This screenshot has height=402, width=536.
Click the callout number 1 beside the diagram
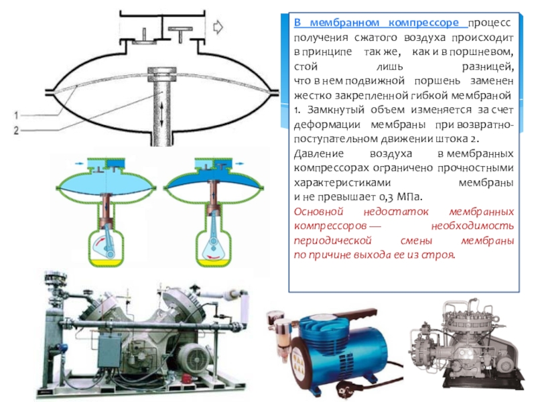point(16,115)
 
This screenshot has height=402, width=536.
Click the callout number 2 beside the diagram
point(16,130)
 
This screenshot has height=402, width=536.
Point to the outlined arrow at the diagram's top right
point(218,27)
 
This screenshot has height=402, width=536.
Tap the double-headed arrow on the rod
point(162,115)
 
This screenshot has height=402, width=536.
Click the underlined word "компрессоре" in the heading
point(423,23)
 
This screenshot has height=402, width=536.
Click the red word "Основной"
point(318,212)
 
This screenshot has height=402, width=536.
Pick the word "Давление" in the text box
point(319,154)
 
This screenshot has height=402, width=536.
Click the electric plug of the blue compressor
point(347,389)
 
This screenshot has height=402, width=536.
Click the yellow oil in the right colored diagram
point(213,263)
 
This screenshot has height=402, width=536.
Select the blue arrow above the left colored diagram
point(79,163)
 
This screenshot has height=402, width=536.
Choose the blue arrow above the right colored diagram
point(240,163)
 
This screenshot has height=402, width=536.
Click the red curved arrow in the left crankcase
point(98,243)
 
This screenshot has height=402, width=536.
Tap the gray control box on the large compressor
point(109,350)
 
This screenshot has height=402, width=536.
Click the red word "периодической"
point(332,241)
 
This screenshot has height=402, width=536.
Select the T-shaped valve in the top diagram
point(180,34)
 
